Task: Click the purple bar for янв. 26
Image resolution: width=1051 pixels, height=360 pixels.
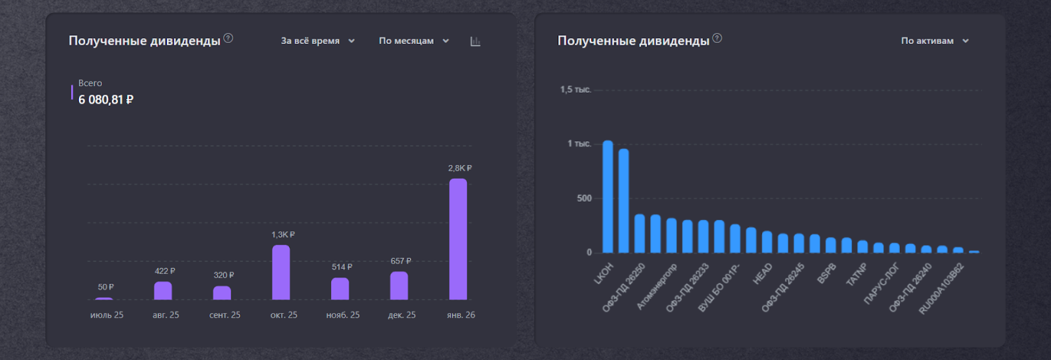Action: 458,239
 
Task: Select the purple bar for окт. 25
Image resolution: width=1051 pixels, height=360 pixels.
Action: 280,273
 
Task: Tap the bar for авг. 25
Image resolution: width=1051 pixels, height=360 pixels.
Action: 163,290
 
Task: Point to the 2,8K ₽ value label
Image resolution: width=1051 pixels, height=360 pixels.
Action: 460,168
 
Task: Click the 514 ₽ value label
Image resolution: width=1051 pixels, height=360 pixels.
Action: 342,267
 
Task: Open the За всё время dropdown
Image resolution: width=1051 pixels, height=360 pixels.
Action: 318,41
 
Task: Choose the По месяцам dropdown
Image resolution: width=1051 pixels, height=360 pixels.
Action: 414,41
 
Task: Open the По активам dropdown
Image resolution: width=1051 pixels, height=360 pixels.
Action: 935,41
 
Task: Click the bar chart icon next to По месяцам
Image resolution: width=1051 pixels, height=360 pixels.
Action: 476,41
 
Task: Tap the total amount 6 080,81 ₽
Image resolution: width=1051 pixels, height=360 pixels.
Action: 106,100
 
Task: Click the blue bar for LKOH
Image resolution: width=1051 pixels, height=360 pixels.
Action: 608,197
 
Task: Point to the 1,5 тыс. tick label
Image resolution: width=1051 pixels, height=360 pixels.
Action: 575,89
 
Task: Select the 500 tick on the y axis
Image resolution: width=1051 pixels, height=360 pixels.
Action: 584,198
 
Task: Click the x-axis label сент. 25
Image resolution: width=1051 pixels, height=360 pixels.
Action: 225,315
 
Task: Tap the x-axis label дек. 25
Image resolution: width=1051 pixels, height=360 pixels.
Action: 401,315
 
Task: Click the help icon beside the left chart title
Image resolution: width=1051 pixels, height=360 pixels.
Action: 228,38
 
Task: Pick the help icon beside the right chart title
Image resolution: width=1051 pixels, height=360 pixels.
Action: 717,38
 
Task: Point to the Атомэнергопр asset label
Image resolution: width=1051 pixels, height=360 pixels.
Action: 657,286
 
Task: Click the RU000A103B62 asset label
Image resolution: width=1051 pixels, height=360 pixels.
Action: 941,288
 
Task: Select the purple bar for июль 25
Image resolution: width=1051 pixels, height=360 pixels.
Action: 104,299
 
